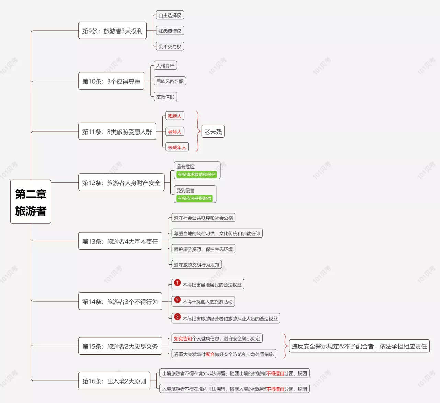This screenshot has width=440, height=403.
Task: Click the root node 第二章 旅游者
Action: [x=31, y=201]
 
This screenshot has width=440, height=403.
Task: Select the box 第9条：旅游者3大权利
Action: [x=112, y=31]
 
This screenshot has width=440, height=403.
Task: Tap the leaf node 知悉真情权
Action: [x=170, y=31]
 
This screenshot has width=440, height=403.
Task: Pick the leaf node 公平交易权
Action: [x=170, y=46]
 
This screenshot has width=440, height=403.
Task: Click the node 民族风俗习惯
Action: [x=170, y=81]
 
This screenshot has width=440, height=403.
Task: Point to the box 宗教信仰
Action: [x=165, y=97]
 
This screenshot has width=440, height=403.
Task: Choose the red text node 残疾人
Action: [x=175, y=116]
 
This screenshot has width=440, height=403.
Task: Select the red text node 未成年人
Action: [x=177, y=147]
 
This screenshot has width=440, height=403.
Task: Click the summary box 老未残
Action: [x=213, y=131]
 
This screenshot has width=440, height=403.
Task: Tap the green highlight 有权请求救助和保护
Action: [x=197, y=174]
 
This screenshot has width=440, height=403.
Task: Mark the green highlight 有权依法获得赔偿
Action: [x=194, y=198]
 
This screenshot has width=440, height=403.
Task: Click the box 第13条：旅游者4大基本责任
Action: [x=120, y=241]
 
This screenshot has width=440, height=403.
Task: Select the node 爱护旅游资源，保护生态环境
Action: [x=203, y=249]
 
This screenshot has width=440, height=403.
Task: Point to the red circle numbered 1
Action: [x=177, y=283]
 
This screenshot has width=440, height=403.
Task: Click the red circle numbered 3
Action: [x=177, y=317]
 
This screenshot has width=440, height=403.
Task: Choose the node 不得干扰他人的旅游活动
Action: [x=203, y=301]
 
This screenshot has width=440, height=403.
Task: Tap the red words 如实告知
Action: [x=183, y=338]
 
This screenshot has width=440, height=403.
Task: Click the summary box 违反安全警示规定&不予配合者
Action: [x=359, y=346]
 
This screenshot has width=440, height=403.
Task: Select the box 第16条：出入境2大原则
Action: [x=114, y=381]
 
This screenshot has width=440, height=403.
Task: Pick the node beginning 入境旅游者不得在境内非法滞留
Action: [x=234, y=389]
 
